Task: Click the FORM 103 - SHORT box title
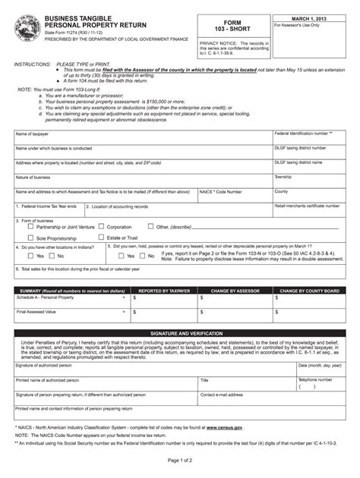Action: pyautogui.click(x=233, y=27)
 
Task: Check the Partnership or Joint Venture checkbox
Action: pyautogui.click(x=30, y=226)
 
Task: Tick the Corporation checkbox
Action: pyautogui.click(x=100, y=226)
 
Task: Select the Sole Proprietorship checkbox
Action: pyautogui.click(x=30, y=237)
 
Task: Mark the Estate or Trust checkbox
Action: pyautogui.click(x=100, y=237)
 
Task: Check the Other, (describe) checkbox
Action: pyautogui.click(x=150, y=226)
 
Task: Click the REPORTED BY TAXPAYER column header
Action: pyautogui.click(x=163, y=291)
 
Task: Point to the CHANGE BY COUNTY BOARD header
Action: pyautogui.click(x=309, y=291)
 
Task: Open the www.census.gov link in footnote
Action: pyautogui.click(x=224, y=428)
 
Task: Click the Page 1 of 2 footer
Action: pyautogui.click(x=180, y=461)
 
